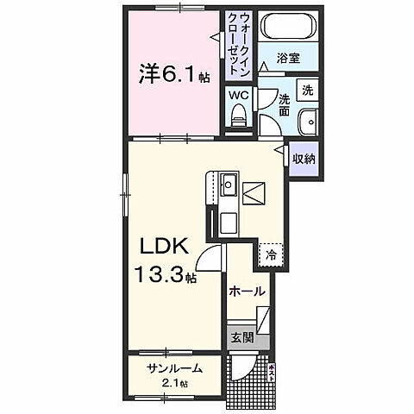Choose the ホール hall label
click(x=245, y=292)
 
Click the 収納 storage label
click(x=302, y=159)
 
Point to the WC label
click(x=238, y=95)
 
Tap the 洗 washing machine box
click(x=307, y=91)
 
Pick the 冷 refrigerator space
click(x=270, y=255)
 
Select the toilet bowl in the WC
click(x=239, y=116)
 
